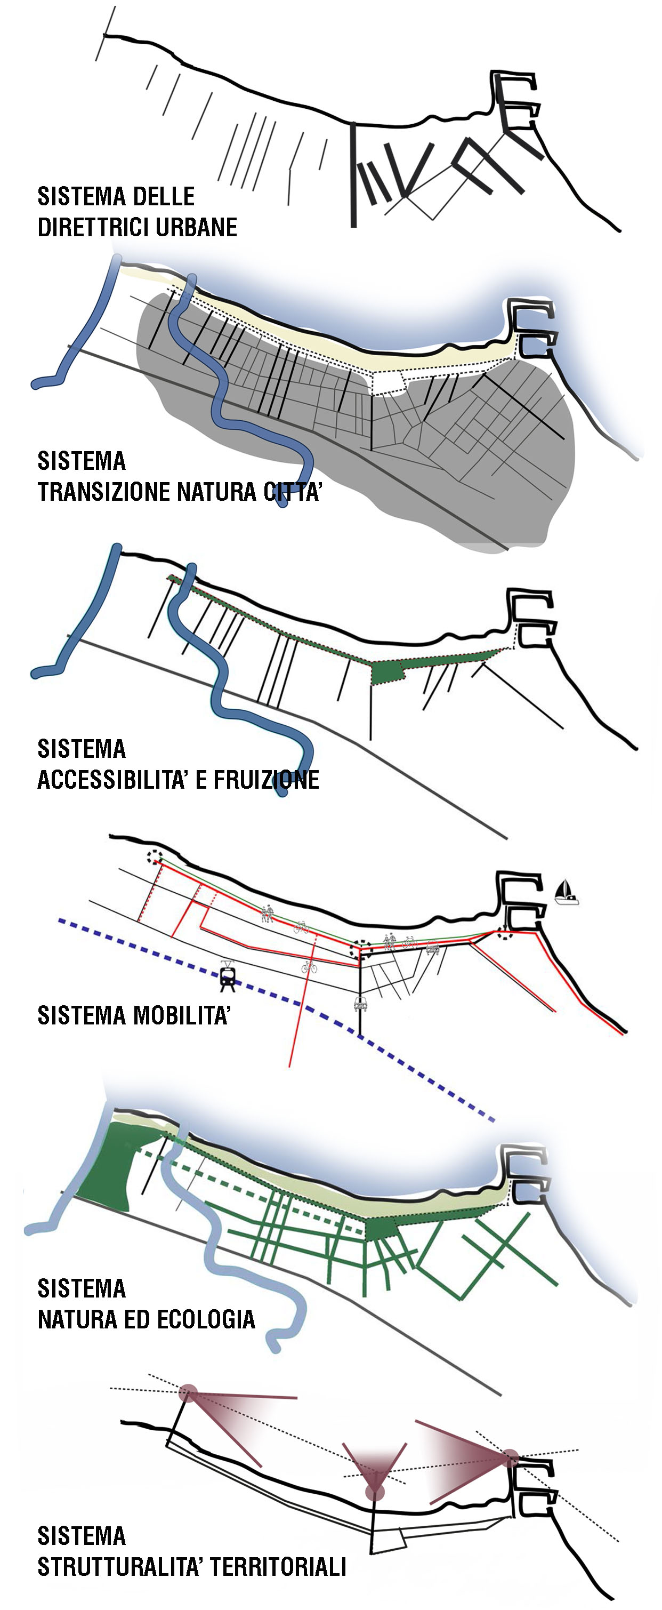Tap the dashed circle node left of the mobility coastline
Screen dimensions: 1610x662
point(154,857)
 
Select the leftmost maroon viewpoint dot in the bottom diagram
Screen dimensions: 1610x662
point(188,1393)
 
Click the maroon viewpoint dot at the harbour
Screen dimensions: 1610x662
point(510,1457)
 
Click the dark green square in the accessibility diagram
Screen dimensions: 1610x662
point(386,672)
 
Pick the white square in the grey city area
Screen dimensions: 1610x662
point(388,382)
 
